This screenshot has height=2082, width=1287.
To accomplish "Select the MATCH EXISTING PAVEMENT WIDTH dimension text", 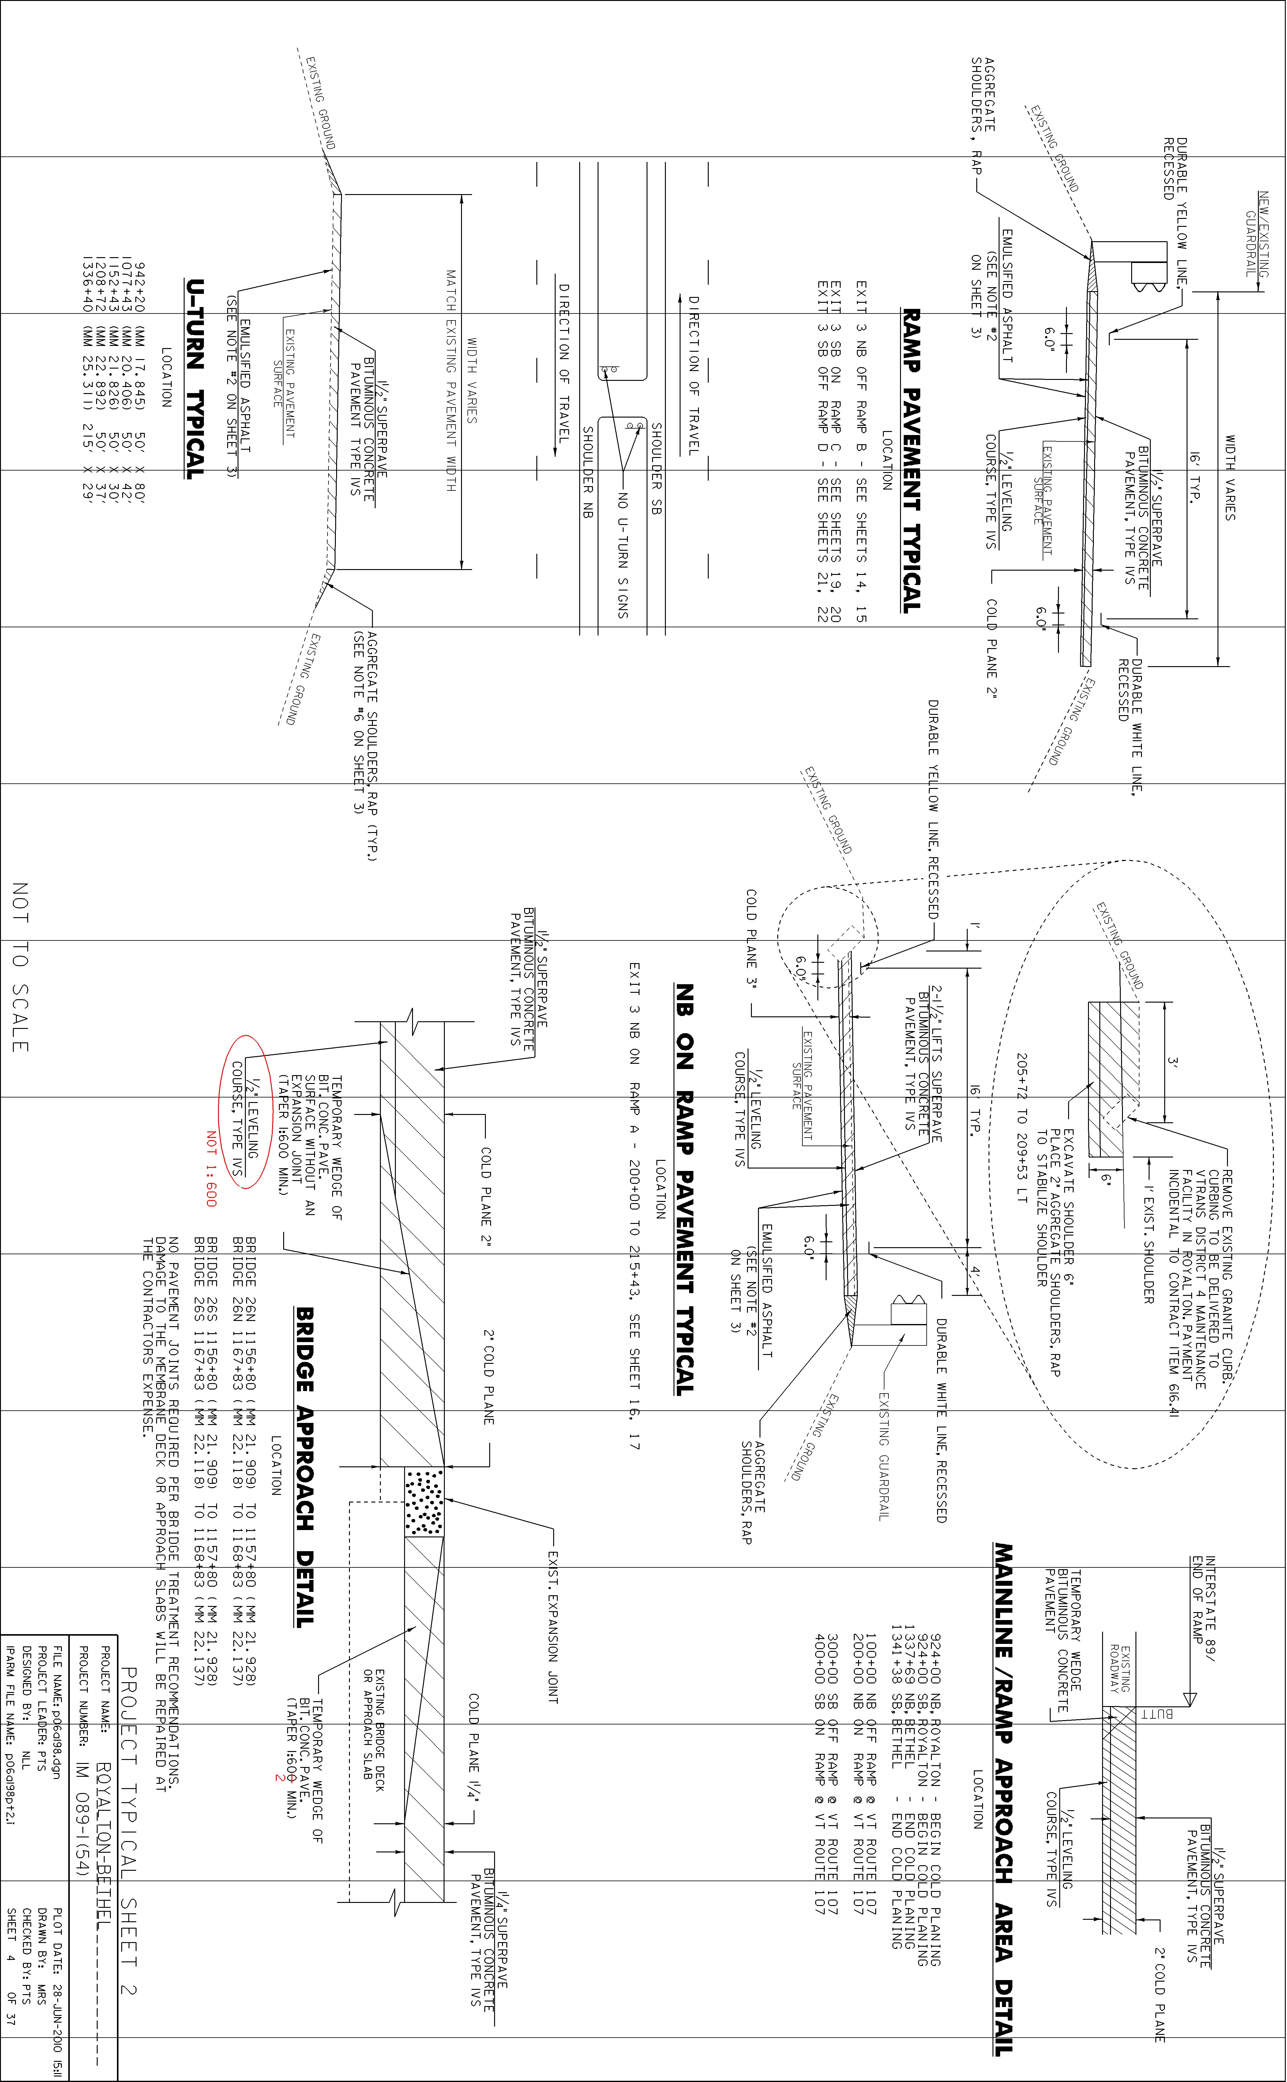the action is pyautogui.click(x=451, y=381).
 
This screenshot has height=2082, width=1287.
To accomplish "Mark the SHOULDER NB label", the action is pyautogui.click(x=587, y=472).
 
